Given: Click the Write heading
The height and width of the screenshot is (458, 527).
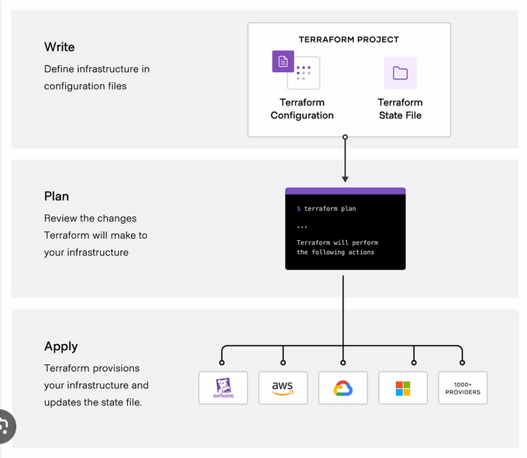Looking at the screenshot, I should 60,47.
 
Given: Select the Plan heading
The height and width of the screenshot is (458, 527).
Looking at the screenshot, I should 57,197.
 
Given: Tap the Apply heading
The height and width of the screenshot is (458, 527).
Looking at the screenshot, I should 61,346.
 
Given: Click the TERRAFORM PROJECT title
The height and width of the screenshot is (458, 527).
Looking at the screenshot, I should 349,40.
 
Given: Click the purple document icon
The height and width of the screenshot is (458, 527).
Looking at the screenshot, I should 283,60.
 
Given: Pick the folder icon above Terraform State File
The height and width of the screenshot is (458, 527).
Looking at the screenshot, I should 400,73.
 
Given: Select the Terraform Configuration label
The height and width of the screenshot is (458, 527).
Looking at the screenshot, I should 302,109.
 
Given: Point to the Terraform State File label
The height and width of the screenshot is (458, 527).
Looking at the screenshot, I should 400,109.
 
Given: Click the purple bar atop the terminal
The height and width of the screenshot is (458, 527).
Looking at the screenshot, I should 345,191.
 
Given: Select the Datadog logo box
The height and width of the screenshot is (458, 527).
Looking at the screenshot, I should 223,387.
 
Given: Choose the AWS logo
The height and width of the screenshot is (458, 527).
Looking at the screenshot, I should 283,387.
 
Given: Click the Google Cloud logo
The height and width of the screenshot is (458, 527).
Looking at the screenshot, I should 343,387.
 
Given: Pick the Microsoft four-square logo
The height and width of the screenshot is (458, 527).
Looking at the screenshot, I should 403,387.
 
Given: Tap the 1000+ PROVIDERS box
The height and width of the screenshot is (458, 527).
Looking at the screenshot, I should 463,387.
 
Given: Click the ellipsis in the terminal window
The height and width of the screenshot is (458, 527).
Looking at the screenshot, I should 302,226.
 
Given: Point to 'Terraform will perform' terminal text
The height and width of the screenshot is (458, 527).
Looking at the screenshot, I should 337,243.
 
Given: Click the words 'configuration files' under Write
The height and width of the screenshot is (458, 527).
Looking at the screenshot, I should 85,86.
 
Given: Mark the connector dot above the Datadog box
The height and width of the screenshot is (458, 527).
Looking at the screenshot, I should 222,362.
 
